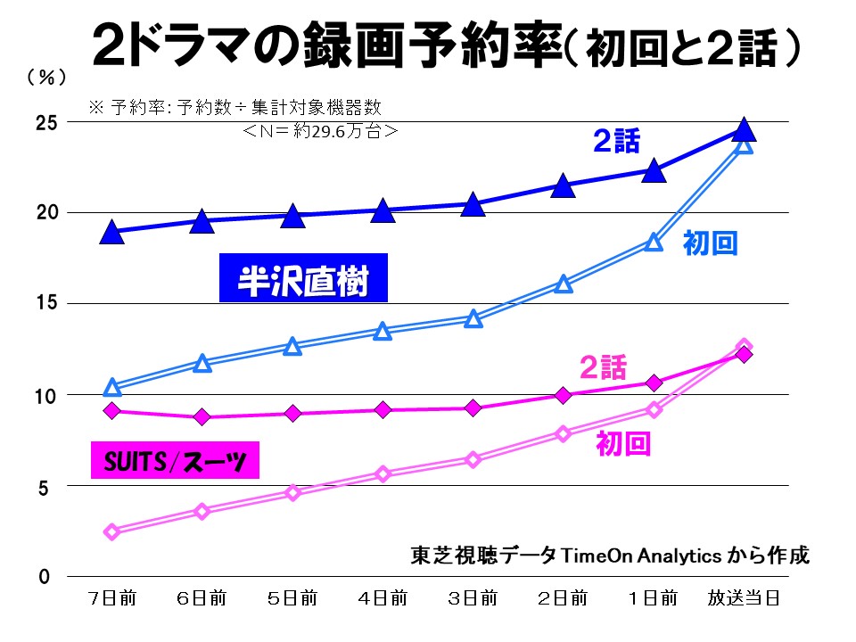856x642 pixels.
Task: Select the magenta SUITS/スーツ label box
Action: click(175, 462)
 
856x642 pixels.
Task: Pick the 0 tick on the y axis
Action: click(43, 577)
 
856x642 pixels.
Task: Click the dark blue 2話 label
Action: click(618, 140)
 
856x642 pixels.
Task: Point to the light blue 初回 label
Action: click(710, 243)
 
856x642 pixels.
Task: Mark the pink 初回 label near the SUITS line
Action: click(622, 443)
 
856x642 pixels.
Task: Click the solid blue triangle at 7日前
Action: click(112, 233)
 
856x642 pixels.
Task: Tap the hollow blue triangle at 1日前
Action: click(654, 242)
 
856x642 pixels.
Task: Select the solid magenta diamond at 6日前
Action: click(202, 416)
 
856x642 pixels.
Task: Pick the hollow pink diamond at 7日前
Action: click(112, 531)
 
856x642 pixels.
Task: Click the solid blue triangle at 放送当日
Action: click(744, 130)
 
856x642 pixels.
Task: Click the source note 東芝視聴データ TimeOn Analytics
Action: click(610, 555)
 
